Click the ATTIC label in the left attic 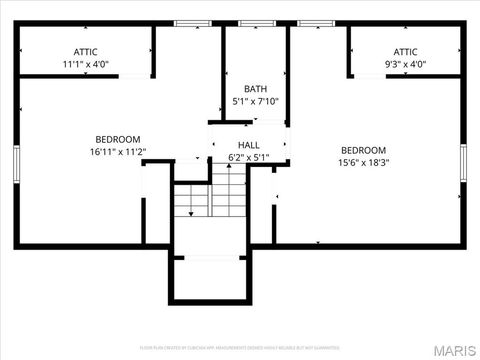[85, 51]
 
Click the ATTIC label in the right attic [405, 51]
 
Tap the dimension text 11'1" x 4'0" [85, 65]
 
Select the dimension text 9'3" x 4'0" [405, 65]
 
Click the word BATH [256, 88]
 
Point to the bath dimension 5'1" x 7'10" [256, 101]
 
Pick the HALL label [249, 145]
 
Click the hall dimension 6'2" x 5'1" [249, 158]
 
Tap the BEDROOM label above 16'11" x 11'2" [118, 139]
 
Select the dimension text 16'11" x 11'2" [118, 152]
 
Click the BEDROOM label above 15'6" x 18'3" [363, 150]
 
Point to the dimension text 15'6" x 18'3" [363, 163]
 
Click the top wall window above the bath [256, 23]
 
